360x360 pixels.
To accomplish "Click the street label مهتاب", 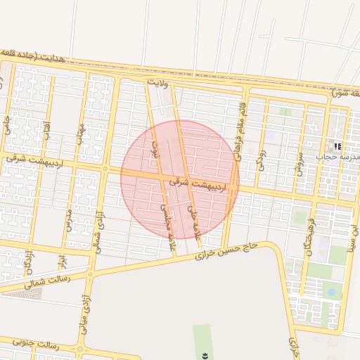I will pyautogui.click(x=81, y=134).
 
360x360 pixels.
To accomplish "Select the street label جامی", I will pyautogui.click(x=8, y=126).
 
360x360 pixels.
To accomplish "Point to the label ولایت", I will pyautogui.click(x=159, y=83).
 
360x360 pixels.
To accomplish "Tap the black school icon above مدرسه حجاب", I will pyautogui.click(x=338, y=146).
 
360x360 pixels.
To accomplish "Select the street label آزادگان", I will pyautogui.click(x=28, y=263).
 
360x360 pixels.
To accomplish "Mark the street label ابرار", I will pyautogui.click(x=63, y=262).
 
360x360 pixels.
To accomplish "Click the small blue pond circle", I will pyautogui.click(x=330, y=290).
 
